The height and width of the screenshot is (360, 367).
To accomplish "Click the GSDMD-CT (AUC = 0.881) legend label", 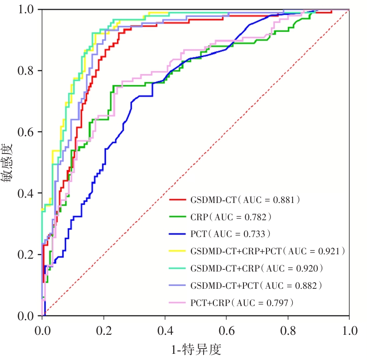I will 246,199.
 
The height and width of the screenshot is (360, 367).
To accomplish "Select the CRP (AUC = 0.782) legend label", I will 231,217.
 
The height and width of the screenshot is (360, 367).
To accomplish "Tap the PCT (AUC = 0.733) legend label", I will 231,234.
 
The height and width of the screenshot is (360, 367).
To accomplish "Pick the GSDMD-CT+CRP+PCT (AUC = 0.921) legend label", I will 267,251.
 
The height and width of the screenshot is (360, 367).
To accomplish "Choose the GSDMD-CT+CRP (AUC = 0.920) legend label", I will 257,268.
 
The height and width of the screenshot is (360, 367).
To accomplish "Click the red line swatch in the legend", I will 177,199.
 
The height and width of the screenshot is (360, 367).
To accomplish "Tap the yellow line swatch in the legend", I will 177,251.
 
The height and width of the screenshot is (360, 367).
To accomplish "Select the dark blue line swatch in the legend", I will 177,234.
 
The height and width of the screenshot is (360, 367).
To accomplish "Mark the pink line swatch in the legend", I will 177,303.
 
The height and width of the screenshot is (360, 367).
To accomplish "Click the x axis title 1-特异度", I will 196,350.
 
